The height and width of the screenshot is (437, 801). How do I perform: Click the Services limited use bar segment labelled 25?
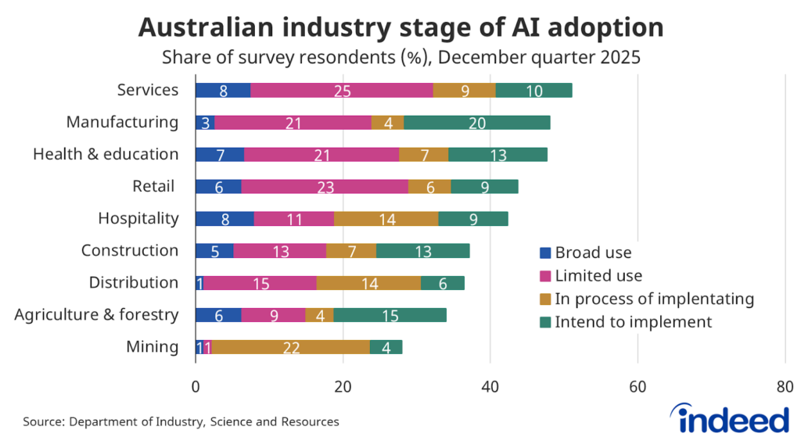pyautogui.click(x=341, y=90)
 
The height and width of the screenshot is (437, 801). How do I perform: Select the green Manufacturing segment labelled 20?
pyautogui.click(x=477, y=122)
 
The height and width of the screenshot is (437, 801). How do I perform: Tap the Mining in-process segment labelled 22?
pyautogui.click(x=291, y=347)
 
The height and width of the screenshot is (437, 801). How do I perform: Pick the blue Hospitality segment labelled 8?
pyautogui.click(x=224, y=218)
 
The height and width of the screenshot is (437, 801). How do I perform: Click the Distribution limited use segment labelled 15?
pyautogui.click(x=260, y=283)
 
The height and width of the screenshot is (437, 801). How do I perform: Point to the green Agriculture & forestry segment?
pyautogui.click(x=390, y=315)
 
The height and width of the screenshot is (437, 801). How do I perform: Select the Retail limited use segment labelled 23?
pyautogui.click(x=325, y=186)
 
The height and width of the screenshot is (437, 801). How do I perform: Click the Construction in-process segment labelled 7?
pyautogui.click(x=351, y=251)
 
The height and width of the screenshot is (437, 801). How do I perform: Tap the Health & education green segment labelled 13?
pyautogui.click(x=497, y=154)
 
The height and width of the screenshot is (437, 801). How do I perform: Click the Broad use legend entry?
pyautogui.click(x=586, y=253)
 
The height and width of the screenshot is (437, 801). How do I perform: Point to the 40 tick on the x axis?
pyautogui.click(x=490, y=386)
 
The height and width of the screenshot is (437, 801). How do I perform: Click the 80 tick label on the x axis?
pyautogui.click(x=784, y=386)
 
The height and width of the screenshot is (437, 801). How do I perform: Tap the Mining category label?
pyautogui.click(x=153, y=347)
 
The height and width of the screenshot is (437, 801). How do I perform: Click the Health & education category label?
pyautogui.click(x=106, y=154)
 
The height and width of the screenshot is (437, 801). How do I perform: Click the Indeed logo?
pyautogui.click(x=733, y=417)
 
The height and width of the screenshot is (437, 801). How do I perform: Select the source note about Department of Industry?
pyautogui.click(x=181, y=421)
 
